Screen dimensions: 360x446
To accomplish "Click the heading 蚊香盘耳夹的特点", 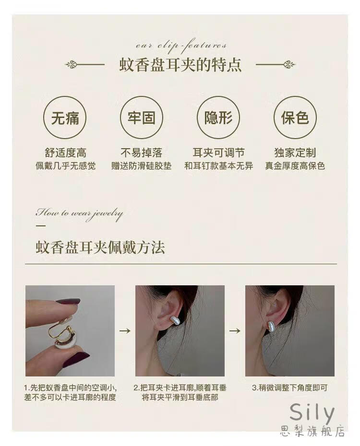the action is click(x=180, y=65).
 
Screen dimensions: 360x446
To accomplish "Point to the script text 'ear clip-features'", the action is click(x=181, y=47).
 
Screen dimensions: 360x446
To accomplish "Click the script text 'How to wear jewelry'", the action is click(x=79, y=214).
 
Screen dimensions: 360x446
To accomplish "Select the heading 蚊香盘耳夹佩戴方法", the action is click(x=100, y=247).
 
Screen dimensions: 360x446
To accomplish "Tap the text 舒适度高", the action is click(x=65, y=153).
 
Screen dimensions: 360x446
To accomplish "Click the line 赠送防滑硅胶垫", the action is click(x=142, y=166).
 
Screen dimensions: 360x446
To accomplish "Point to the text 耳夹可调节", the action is click(x=218, y=153).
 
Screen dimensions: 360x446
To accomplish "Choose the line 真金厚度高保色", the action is click(x=295, y=166).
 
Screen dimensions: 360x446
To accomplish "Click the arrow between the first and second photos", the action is click(x=125, y=331).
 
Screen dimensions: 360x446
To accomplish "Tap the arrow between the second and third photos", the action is click(x=235, y=331).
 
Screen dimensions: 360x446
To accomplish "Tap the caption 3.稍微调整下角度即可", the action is click(x=290, y=387).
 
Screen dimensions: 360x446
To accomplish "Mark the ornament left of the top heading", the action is click(x=85, y=65).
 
